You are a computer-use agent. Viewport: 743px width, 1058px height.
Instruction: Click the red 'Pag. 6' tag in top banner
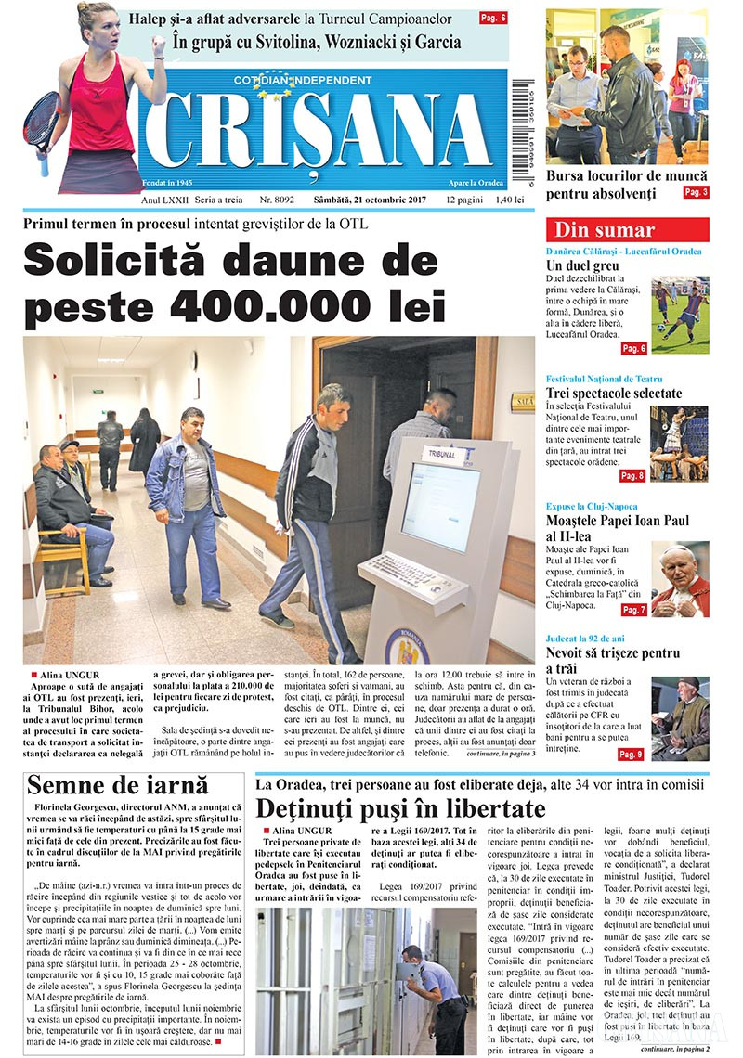(492, 18)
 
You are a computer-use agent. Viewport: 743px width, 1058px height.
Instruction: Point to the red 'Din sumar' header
(627, 230)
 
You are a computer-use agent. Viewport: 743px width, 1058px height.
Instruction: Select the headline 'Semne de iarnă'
(117, 785)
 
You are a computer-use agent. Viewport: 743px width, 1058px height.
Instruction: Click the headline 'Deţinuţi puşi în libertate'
(401, 806)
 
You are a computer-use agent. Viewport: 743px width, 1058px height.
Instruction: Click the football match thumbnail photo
(679, 313)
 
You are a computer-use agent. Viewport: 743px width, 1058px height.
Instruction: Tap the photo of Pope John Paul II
(680, 580)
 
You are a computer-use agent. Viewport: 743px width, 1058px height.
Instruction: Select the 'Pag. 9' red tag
(631, 754)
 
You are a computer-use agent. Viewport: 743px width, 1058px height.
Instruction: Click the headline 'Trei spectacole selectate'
(614, 394)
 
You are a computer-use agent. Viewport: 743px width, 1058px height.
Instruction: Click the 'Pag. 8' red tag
(632, 476)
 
